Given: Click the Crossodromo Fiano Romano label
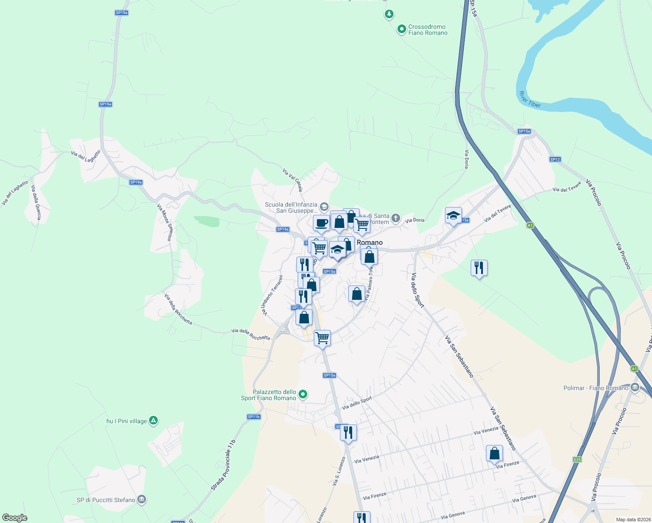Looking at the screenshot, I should (x=428, y=30).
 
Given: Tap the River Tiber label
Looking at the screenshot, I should (x=530, y=99).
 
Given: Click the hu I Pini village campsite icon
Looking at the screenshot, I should (x=153, y=421).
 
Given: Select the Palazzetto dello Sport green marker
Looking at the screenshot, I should (x=303, y=394).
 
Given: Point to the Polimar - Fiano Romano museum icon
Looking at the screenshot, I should (x=635, y=387).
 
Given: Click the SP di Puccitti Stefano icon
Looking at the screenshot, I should (x=141, y=499).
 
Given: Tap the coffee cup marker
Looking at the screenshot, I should (x=322, y=224).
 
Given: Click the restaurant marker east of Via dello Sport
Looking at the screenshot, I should (x=479, y=268).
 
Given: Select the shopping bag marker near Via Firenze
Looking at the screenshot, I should (x=495, y=454).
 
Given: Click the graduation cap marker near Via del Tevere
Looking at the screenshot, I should (x=453, y=216).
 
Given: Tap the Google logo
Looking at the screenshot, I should (x=14, y=518).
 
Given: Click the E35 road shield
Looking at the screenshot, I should (x=577, y=459).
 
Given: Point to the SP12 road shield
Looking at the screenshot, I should (x=555, y=160).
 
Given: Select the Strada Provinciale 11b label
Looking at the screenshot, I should (x=223, y=465).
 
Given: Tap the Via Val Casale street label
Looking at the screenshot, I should (x=292, y=180).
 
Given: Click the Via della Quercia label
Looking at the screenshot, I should (x=36, y=203).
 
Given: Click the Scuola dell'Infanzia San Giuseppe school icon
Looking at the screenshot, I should (x=324, y=206).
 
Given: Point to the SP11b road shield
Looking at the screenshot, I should (x=254, y=417).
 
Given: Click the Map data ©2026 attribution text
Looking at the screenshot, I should (x=632, y=520).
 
